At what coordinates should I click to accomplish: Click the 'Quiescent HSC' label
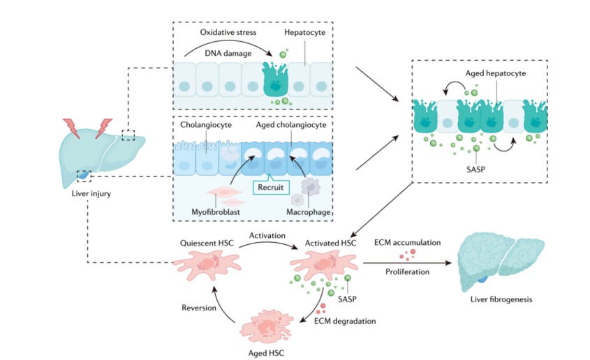click(x=207, y=243)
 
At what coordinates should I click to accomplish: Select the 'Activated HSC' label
click(x=327, y=243)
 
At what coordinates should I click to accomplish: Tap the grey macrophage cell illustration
click(x=309, y=188)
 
